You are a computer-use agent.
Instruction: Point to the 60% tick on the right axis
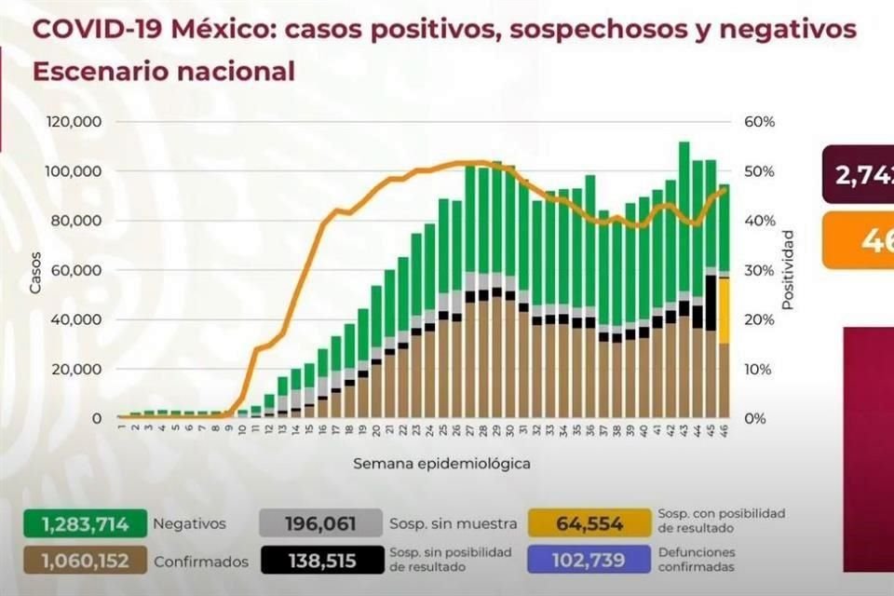click(x=759, y=122)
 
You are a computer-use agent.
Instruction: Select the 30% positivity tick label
click(x=759, y=270)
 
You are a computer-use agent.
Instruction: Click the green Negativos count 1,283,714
click(x=84, y=523)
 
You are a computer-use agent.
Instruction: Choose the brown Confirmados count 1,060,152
click(x=84, y=561)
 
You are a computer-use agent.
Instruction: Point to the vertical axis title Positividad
click(x=788, y=270)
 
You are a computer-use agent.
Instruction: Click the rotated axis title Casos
click(x=35, y=270)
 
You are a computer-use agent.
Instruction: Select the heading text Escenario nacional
click(x=164, y=72)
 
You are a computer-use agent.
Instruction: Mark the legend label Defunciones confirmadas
click(x=697, y=560)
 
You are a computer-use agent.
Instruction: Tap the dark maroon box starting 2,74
click(x=858, y=174)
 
